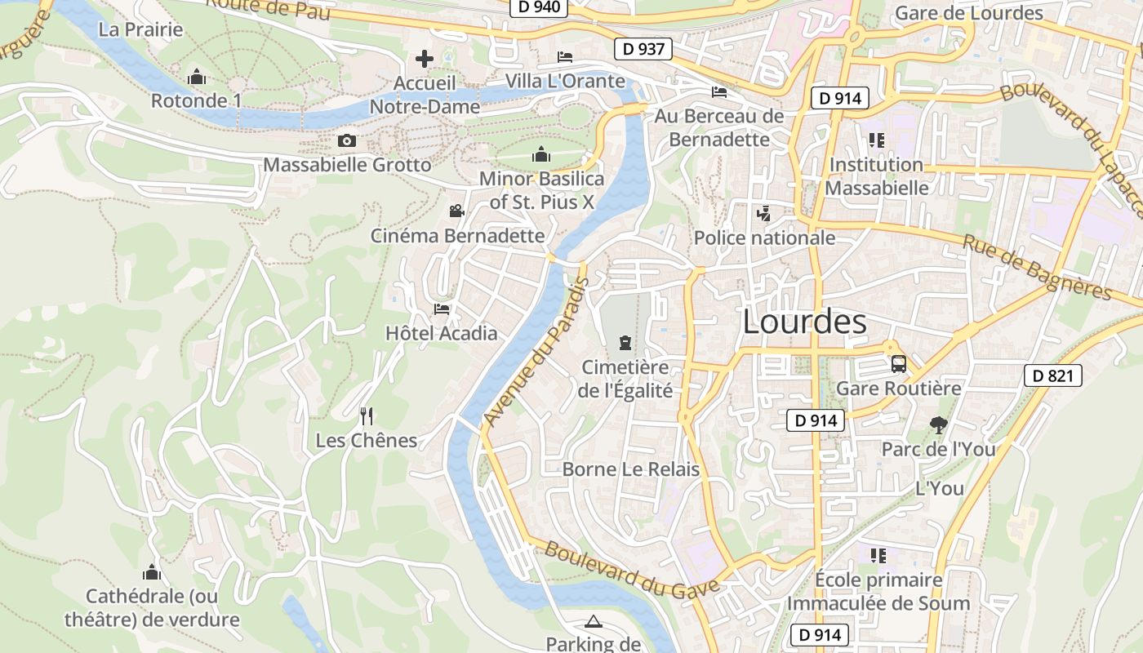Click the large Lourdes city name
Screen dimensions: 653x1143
(x=804, y=322)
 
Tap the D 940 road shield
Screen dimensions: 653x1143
(x=539, y=7)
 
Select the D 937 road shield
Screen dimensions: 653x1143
(x=643, y=49)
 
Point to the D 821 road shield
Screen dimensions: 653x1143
(x=1052, y=375)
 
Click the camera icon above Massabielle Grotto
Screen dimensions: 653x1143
(x=347, y=140)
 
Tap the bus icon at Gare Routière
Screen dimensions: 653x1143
(x=898, y=364)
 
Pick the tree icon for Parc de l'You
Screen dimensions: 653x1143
(x=938, y=424)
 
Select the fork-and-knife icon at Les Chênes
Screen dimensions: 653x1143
(x=367, y=416)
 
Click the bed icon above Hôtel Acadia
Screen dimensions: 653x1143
(x=442, y=309)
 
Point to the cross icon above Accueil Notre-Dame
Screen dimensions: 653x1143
(x=425, y=59)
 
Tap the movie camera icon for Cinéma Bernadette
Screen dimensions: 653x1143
(x=456, y=211)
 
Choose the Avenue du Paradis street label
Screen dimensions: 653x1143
(x=535, y=352)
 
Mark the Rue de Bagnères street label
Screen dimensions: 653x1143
(x=1037, y=266)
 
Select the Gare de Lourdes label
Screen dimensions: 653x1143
(x=969, y=13)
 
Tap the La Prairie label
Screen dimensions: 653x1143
(x=140, y=29)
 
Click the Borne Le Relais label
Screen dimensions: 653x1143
(x=631, y=469)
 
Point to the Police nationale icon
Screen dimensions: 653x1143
(x=763, y=214)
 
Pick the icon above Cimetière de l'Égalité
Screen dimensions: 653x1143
(x=625, y=342)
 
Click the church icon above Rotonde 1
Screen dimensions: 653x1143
(x=196, y=78)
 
